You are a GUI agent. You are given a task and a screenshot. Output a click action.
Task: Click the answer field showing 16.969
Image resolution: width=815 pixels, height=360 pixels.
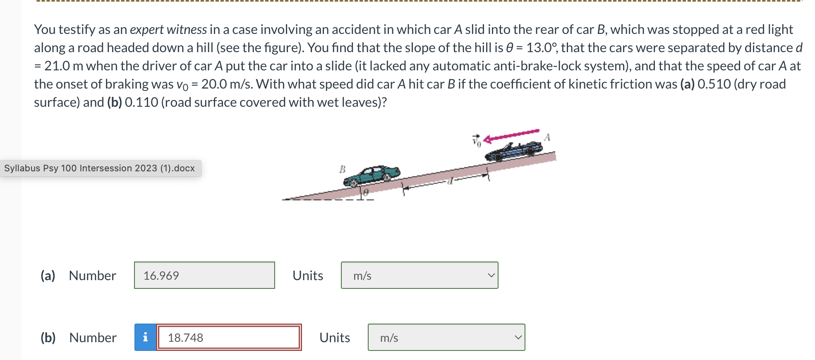click(x=204, y=276)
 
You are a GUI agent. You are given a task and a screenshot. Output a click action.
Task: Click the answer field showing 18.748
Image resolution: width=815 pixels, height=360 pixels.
click(x=229, y=338)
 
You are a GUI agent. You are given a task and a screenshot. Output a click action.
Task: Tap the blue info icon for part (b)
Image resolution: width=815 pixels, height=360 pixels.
click(x=145, y=338)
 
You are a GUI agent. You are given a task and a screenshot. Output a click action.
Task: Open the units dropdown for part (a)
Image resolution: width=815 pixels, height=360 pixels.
click(x=419, y=276)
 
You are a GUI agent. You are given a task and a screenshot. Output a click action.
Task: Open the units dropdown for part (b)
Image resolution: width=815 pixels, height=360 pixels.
click(x=446, y=338)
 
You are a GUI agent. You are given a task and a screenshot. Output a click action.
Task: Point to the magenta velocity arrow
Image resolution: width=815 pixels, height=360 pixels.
click(x=511, y=136)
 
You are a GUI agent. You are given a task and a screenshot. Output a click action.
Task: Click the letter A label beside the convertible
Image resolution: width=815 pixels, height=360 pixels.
click(x=547, y=137)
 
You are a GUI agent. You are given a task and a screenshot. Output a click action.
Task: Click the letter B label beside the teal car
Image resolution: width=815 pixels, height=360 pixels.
click(x=342, y=169)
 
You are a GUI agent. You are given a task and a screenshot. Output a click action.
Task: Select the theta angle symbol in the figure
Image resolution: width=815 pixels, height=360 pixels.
click(x=366, y=192)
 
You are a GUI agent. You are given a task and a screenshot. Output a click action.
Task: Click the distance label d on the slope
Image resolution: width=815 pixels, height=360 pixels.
click(x=451, y=181)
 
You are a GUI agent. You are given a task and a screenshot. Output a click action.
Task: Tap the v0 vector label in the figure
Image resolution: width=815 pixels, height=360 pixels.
click(x=477, y=141)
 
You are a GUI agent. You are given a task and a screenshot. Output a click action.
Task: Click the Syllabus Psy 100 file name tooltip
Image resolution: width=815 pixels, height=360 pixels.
click(x=100, y=168)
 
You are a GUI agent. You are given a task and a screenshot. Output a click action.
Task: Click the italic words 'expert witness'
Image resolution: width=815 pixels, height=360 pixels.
click(x=168, y=30)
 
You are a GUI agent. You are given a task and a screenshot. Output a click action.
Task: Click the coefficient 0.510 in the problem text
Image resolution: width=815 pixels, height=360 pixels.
click(x=714, y=84)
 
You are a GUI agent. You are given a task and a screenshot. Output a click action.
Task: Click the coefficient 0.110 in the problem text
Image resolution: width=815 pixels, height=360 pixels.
click(x=141, y=103)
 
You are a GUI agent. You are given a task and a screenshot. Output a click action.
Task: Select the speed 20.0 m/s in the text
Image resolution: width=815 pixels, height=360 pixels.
click(x=227, y=84)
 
